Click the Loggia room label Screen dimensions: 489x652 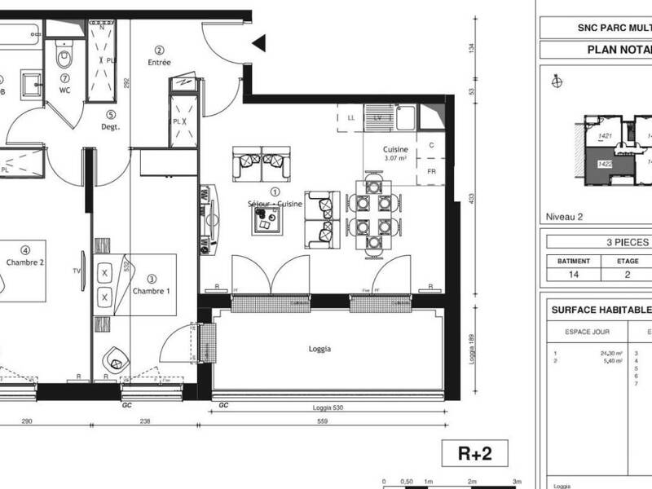(320, 349)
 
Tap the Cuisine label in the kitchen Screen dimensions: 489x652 (396, 150)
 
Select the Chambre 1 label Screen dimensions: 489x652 (152, 291)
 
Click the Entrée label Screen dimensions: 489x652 (160, 62)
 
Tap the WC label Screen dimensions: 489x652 (65, 90)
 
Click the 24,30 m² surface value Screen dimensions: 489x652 (611, 352)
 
